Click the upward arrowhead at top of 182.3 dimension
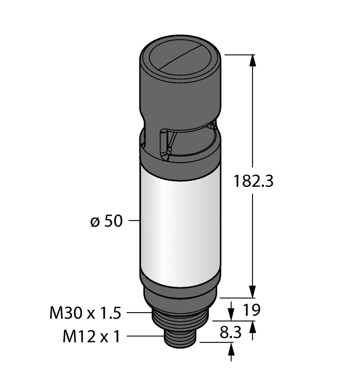[x=253, y=61]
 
